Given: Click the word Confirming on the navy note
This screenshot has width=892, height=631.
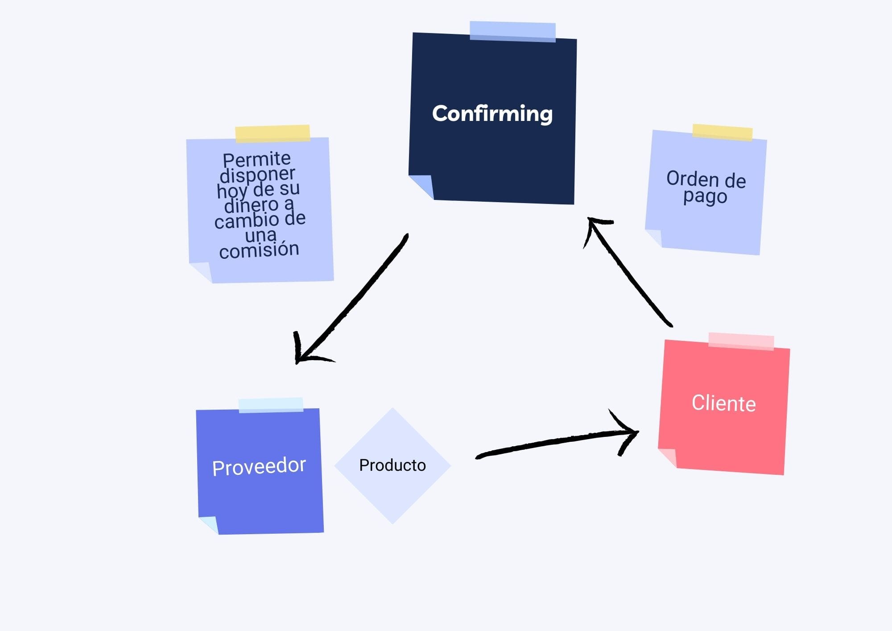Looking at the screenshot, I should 492,113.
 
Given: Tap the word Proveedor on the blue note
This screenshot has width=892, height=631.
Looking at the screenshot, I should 259,466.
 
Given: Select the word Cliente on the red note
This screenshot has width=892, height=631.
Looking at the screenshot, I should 723,403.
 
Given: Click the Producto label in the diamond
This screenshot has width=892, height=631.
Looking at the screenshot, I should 392,465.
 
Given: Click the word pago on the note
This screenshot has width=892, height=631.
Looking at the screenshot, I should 705,196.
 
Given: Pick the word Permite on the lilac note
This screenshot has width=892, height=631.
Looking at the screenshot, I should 256,159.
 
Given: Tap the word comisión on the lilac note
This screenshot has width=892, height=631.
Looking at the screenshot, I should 259,249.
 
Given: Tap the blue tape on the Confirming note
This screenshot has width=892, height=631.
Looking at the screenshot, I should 512,32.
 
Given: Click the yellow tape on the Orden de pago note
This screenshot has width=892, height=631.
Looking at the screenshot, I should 722,133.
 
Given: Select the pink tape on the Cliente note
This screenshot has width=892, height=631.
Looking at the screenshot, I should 741,341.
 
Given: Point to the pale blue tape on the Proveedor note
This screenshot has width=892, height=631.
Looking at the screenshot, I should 271,405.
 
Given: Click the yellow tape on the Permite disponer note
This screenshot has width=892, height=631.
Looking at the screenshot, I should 273,133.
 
